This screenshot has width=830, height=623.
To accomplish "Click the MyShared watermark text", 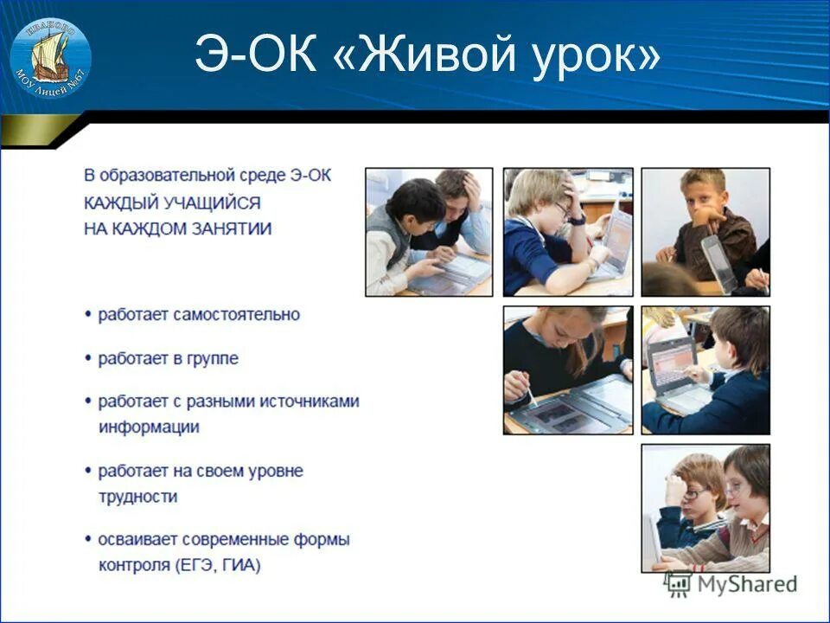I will (x=745, y=584).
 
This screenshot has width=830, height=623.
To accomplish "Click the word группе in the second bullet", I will (x=211, y=358).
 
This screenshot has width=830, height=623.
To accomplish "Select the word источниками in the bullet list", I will (x=305, y=401).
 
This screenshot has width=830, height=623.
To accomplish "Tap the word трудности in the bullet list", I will (x=138, y=497).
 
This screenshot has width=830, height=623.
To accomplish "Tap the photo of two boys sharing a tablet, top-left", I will (x=429, y=232).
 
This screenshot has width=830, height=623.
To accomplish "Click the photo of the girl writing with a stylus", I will (x=567, y=369).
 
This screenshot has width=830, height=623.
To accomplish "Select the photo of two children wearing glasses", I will (x=705, y=508).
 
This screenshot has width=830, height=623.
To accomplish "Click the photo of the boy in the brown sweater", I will (x=705, y=232).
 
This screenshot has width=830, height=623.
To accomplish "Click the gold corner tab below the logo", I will (x=39, y=131).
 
